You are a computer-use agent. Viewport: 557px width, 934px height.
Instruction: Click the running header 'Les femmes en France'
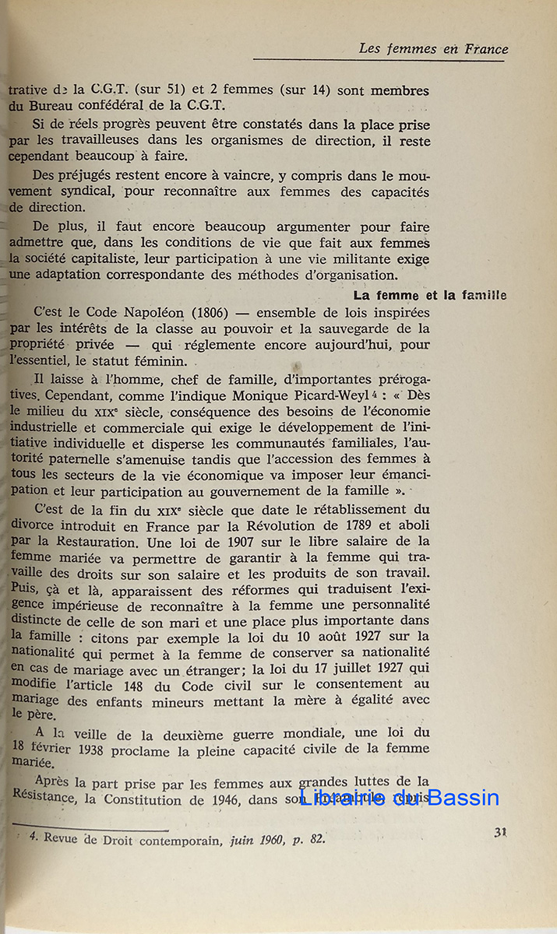pos(433,49)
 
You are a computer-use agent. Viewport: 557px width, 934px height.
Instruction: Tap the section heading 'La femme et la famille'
pos(429,296)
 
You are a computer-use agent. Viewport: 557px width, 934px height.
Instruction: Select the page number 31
pos(501,832)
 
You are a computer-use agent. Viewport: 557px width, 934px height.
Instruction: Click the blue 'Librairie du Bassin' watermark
pos(399,798)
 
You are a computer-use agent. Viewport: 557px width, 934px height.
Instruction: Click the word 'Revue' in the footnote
pos(65,839)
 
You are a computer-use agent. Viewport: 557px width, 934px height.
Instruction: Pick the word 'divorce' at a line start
pos(34,525)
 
